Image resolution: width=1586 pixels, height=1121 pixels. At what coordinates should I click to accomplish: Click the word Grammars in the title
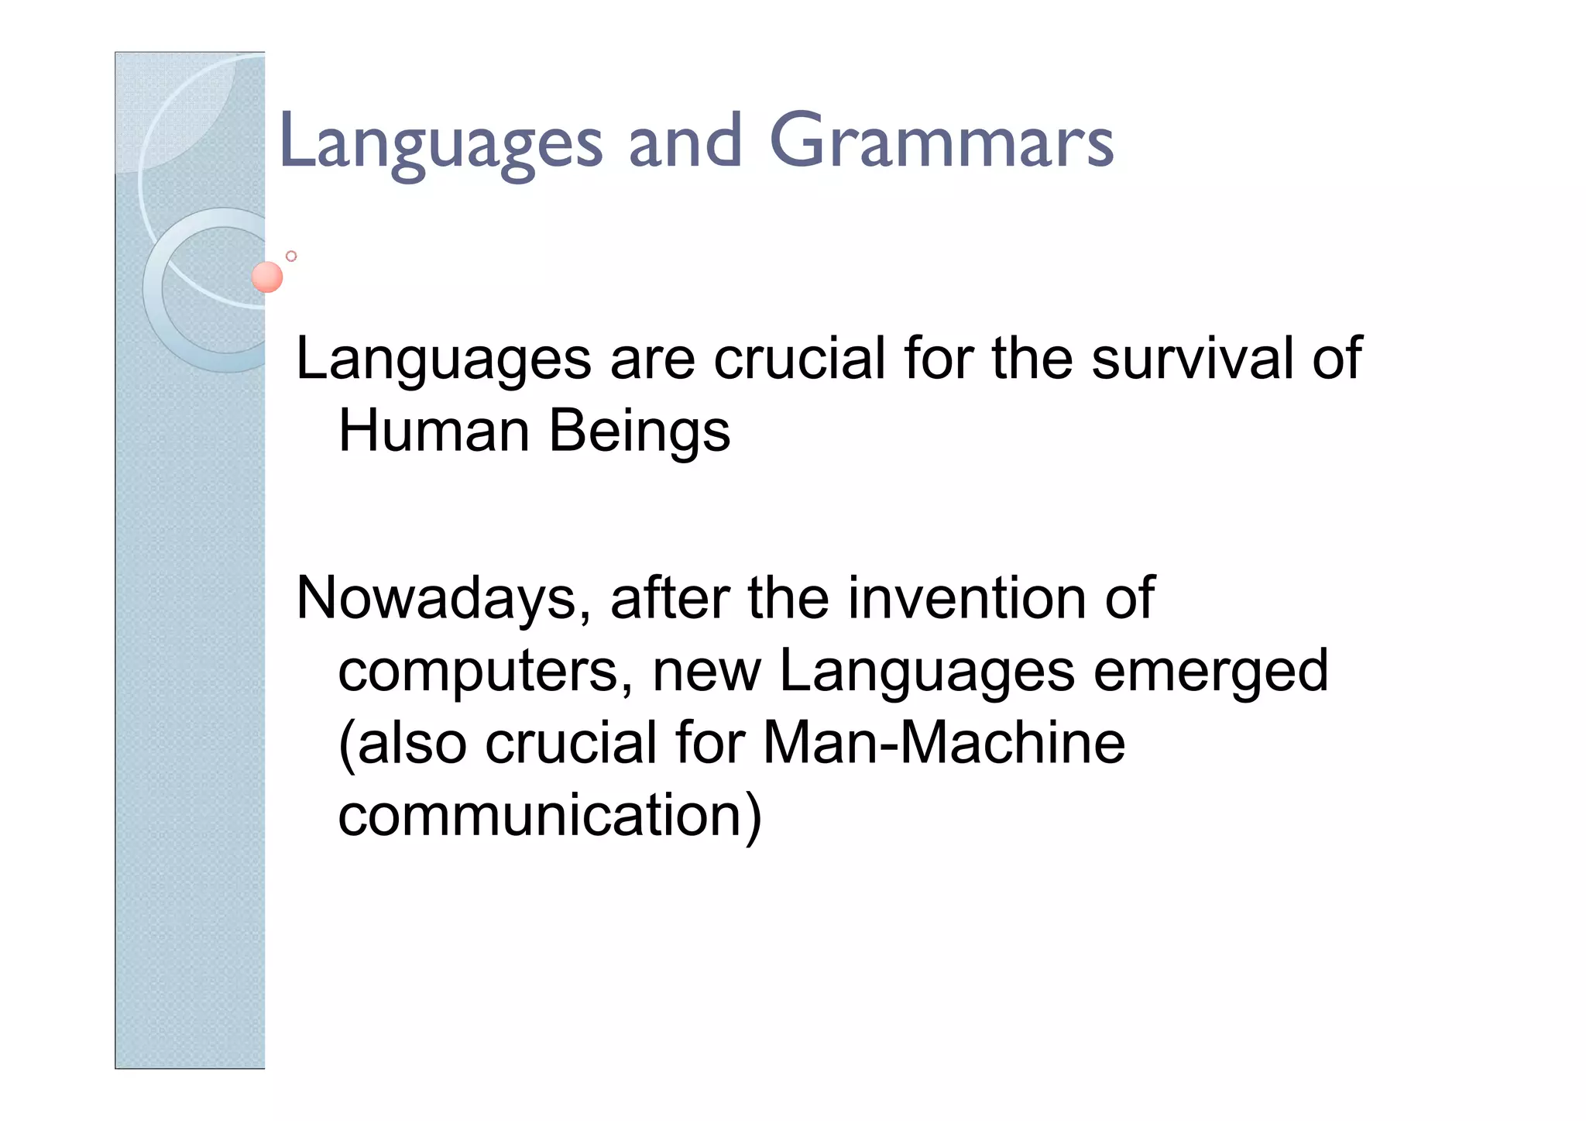941,142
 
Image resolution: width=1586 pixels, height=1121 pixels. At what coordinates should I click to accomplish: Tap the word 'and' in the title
685,142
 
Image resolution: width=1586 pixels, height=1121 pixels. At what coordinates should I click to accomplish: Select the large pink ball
267,277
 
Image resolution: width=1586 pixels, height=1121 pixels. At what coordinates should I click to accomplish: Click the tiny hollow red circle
291,256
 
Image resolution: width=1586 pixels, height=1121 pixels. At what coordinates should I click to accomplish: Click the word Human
434,431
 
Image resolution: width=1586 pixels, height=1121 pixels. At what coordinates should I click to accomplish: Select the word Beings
640,432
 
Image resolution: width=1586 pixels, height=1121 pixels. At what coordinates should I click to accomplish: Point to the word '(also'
403,743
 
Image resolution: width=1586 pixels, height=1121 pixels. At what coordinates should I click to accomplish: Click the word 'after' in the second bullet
669,598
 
